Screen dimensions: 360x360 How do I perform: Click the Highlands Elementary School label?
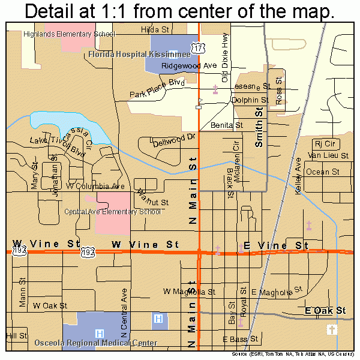69,34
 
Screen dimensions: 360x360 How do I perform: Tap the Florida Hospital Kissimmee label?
127,54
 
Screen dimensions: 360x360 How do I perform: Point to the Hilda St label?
154,29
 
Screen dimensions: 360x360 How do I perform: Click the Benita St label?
226,125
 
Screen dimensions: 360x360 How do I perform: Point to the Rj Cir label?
326,144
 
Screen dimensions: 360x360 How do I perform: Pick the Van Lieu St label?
328,155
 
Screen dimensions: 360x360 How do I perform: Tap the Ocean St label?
323,172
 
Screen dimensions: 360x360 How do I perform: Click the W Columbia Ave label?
91,187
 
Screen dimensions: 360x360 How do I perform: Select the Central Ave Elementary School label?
113,211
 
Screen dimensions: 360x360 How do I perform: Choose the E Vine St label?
275,245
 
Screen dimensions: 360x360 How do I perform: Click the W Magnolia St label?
189,292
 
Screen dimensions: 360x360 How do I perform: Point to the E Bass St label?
240,340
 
